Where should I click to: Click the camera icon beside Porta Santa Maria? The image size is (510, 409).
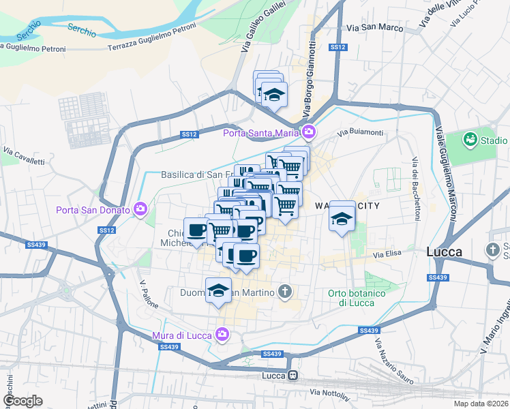point(310,132)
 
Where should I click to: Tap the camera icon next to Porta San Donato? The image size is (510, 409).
point(141,208)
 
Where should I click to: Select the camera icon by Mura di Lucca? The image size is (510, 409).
point(222,333)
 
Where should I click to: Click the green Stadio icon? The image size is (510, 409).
point(470,140)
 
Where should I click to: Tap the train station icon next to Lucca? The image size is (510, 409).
point(292,376)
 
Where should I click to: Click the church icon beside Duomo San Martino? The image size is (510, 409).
point(286,292)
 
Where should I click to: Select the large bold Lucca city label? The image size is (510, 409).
point(444,252)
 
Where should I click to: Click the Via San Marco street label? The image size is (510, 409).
point(370,28)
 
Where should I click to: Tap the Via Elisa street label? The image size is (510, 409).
point(385,254)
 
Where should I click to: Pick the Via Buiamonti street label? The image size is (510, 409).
point(361,132)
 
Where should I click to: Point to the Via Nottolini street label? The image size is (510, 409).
point(329,393)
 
